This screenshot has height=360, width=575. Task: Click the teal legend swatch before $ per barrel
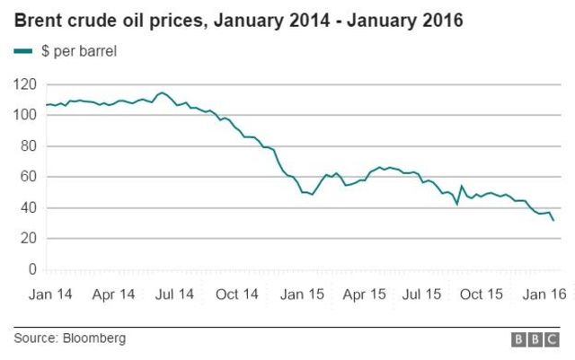22,51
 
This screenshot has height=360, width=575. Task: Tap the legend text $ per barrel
79,51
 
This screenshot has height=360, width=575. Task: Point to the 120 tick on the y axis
25,84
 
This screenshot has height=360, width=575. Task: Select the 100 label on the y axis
25,115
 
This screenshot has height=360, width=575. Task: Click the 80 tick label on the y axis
29,146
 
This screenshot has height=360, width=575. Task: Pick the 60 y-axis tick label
29,177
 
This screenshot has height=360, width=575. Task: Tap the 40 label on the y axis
29,207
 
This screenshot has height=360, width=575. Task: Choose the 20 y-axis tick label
29,239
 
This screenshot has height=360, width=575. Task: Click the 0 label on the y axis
32,269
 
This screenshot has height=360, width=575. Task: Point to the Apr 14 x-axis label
113,294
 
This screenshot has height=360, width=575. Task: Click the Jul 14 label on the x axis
175,294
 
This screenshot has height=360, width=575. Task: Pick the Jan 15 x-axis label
302,294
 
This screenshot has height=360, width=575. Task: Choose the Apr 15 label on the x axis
367,294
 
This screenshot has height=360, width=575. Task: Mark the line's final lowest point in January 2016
553,220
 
